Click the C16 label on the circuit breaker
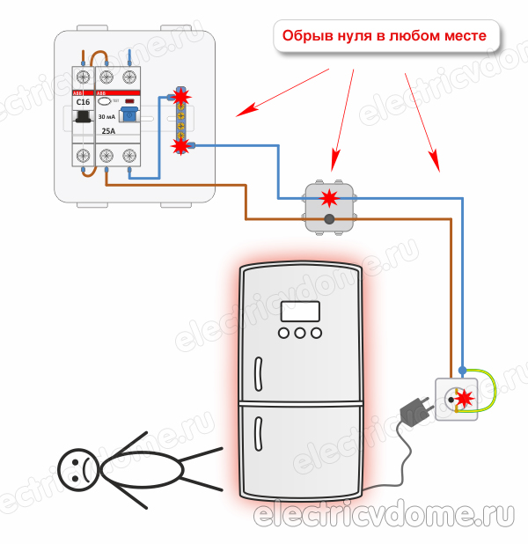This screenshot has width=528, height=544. coord(84,102)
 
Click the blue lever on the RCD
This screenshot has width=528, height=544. coord(130,114)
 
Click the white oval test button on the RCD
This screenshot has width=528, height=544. coord(104,101)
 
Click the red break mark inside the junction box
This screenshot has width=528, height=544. coord(329,195)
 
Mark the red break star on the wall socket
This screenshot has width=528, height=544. coord(464,401)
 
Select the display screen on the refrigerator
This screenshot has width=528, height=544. coord(300,311)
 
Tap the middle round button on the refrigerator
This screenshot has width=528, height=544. coord(300,334)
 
